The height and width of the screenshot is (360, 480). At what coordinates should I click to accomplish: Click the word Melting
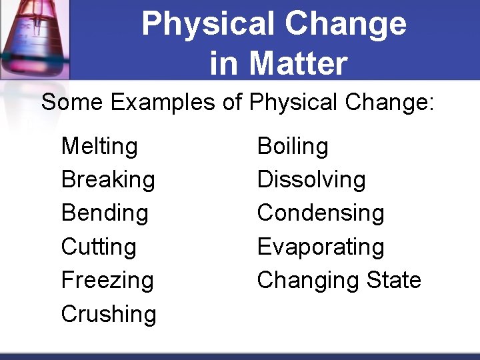(99, 147)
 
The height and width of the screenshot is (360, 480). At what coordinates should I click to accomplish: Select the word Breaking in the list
(108, 180)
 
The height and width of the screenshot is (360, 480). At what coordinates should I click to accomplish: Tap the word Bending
(105, 213)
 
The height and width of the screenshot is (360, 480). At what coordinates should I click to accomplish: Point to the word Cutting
(99, 247)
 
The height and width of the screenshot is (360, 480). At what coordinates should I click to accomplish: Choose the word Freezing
(107, 280)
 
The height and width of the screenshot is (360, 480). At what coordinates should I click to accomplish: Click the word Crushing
(109, 313)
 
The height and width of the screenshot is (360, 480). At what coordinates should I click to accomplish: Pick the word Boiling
(293, 147)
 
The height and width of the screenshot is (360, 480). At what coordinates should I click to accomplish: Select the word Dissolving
(311, 180)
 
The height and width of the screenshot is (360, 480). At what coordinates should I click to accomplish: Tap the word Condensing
(321, 213)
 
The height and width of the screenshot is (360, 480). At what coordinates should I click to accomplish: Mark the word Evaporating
(321, 247)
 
